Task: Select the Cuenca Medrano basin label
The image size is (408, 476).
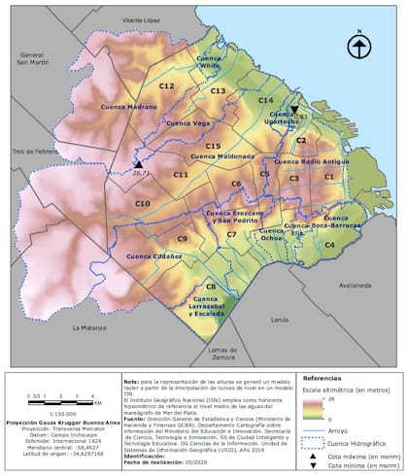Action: coord(128,107)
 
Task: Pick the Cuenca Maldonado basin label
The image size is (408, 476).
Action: coord(222,156)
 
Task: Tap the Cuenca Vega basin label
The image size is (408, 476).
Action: coord(188,123)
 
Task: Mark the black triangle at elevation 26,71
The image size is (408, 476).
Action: coord(139,163)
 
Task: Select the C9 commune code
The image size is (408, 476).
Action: coord(181,238)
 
